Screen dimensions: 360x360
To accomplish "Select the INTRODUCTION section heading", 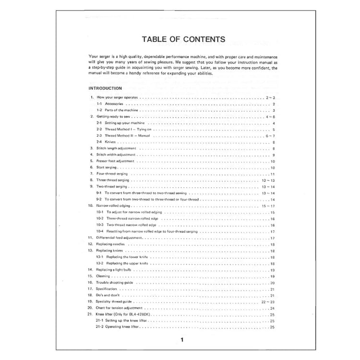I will [106, 88].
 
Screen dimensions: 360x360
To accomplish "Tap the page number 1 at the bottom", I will [182, 340].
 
